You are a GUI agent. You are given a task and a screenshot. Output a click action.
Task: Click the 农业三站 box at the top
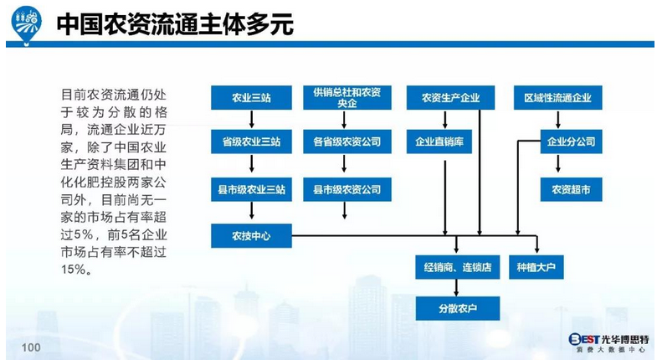click(x=251, y=98)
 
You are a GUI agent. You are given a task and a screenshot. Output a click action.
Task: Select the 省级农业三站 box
click(x=251, y=141)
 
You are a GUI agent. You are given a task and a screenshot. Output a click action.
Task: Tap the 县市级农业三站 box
click(x=251, y=190)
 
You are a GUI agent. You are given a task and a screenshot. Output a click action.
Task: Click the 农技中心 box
click(x=251, y=236)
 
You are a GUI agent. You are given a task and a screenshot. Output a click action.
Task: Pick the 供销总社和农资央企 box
click(x=346, y=97)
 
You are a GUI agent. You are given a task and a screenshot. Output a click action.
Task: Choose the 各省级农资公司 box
click(x=346, y=141)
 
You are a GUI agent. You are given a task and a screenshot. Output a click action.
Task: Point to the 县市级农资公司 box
click(x=346, y=190)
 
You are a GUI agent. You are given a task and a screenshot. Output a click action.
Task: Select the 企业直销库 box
click(x=444, y=141)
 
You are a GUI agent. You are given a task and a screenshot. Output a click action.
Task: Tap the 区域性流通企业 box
click(x=557, y=98)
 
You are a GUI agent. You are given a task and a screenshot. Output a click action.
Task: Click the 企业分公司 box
click(x=571, y=141)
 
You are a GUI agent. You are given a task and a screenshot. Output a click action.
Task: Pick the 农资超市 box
click(x=571, y=190)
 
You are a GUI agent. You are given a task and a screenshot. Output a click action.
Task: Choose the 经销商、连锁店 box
click(x=457, y=269)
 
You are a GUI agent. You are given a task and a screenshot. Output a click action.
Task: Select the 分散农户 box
click(x=457, y=308)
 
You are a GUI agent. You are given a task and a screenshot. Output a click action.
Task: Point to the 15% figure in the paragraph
click(x=75, y=270)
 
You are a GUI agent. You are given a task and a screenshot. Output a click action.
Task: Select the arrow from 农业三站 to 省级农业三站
click(x=251, y=120)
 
